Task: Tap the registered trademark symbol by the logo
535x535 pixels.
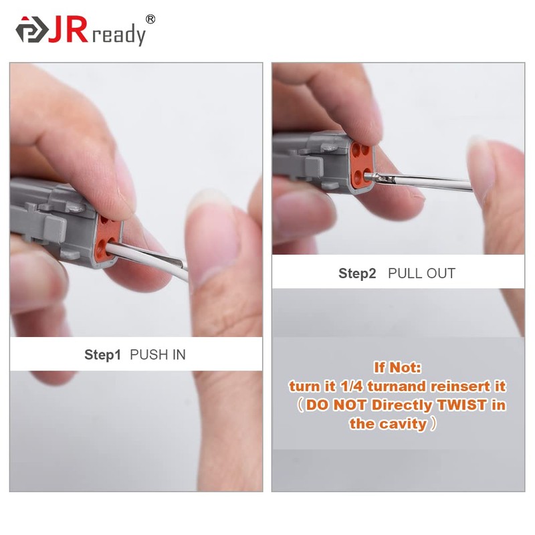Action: [x=150, y=19]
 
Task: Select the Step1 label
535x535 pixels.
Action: [x=102, y=355]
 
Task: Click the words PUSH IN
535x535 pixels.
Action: [x=158, y=355]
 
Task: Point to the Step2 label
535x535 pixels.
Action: [x=357, y=274]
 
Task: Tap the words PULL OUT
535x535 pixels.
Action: [x=422, y=274]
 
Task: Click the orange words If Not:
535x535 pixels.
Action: [x=398, y=368]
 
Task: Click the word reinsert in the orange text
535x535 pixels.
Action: [x=462, y=387]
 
